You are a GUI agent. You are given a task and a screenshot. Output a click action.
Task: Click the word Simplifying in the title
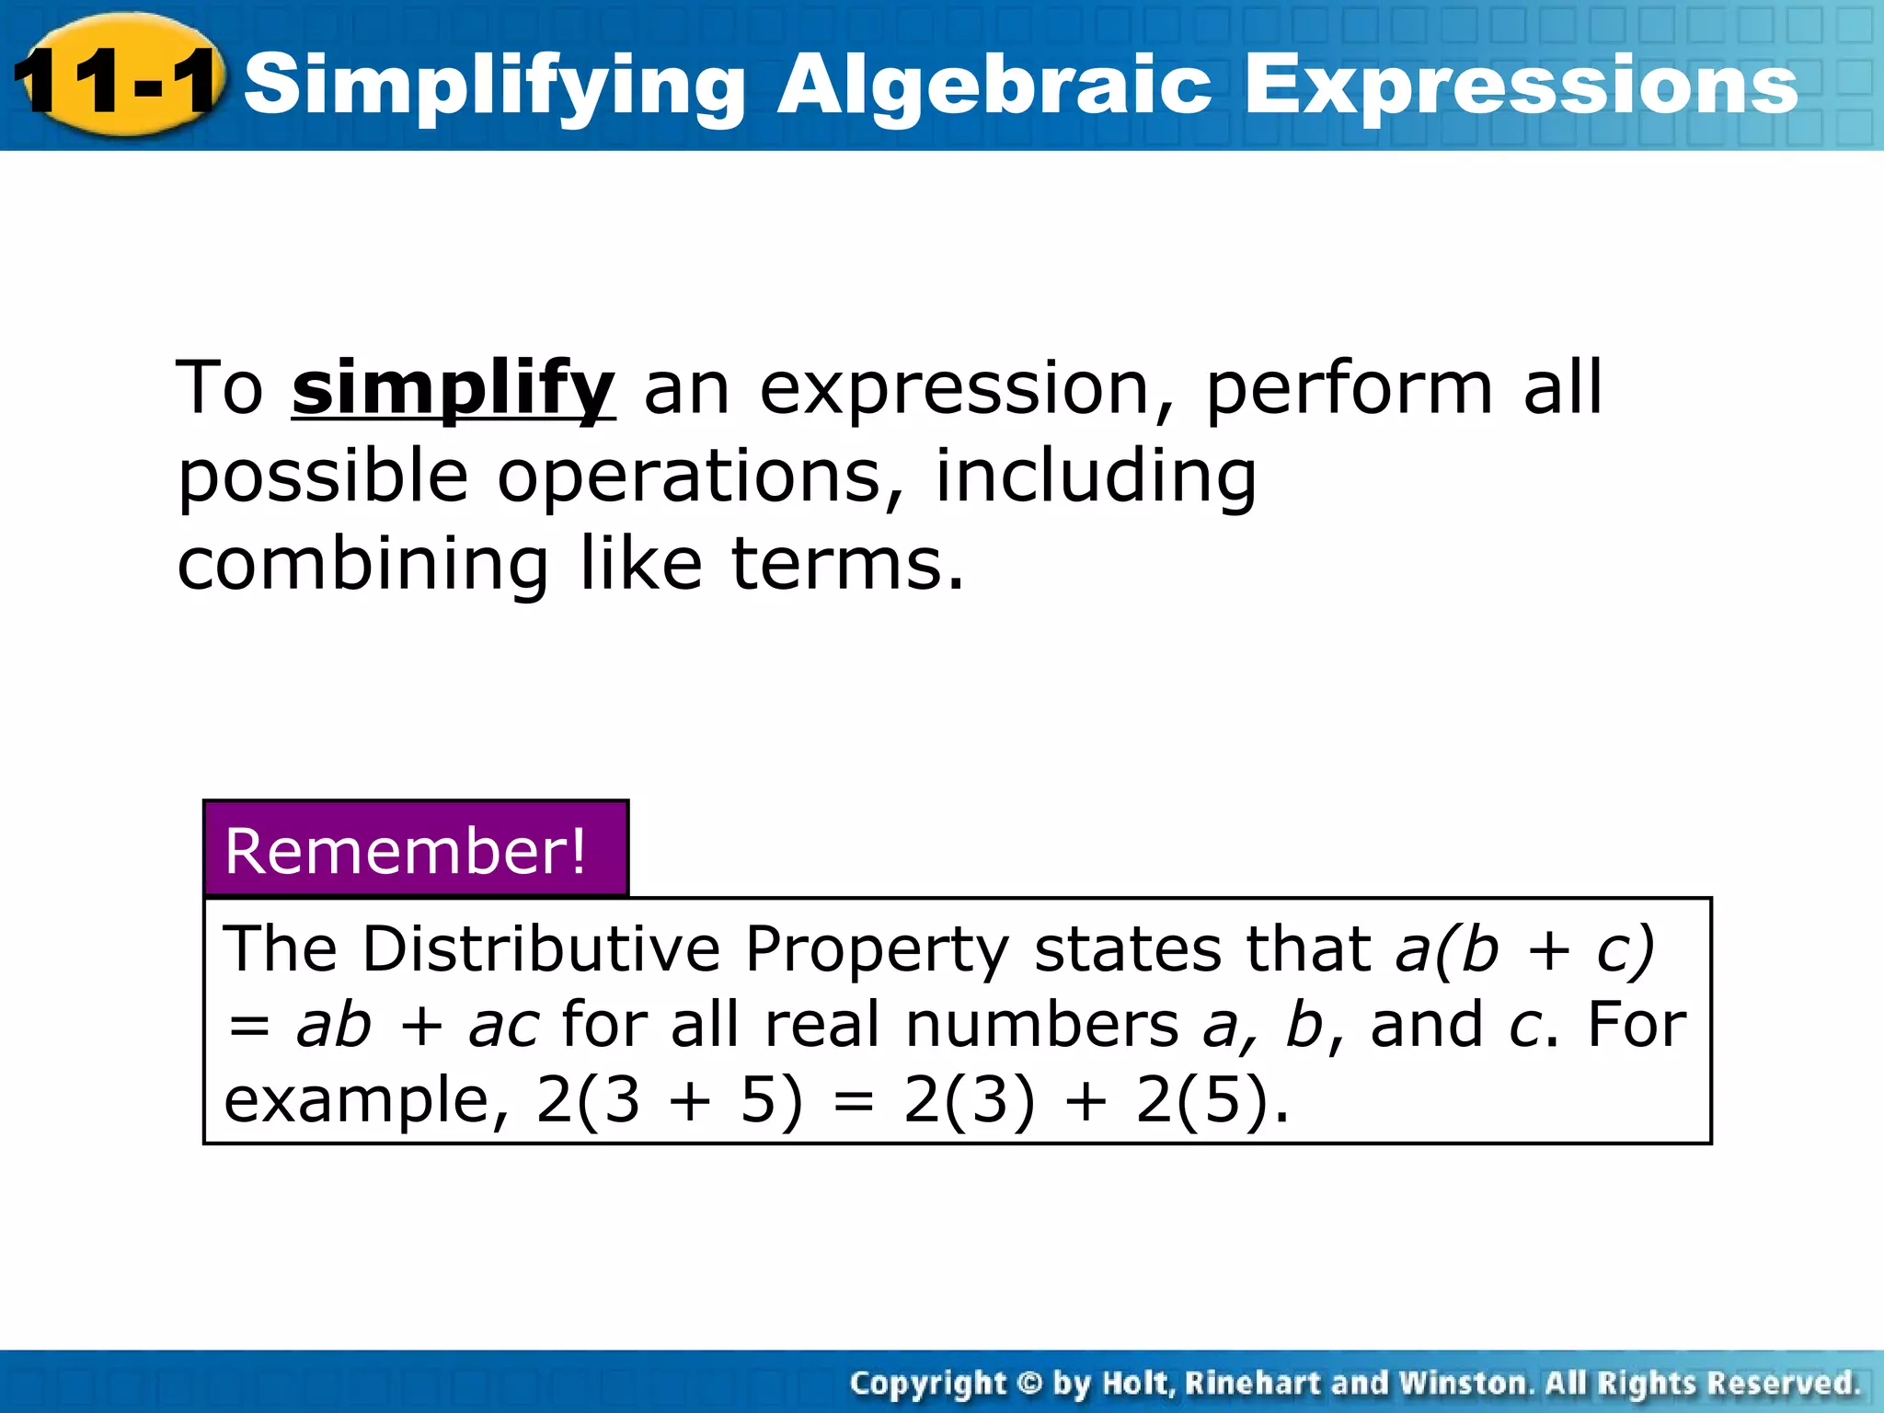(494, 86)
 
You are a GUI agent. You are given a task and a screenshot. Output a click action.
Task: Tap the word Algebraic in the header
(994, 86)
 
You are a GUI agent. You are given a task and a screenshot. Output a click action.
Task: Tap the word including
(1095, 477)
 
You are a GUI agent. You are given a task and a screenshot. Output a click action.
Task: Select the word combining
(363, 563)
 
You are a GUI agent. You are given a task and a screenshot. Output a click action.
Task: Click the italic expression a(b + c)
(1525, 948)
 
